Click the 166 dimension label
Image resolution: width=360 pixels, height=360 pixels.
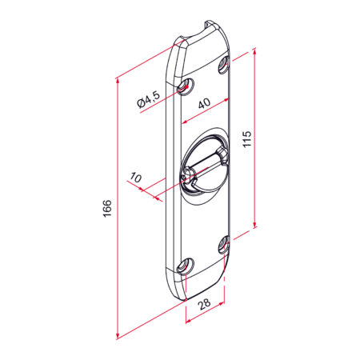pos(107,208)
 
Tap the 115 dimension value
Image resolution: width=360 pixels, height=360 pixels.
pos(247,138)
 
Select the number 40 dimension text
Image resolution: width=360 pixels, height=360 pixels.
pos(205,103)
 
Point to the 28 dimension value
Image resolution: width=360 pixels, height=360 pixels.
pos(205,304)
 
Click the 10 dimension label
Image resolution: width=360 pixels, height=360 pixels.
pos(136,178)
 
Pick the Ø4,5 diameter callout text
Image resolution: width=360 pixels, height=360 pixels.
pos(149,99)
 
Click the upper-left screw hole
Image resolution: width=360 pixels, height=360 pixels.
pos(186,86)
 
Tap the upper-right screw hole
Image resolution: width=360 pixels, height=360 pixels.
pos(223,64)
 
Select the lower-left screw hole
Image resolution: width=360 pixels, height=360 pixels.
pos(186,266)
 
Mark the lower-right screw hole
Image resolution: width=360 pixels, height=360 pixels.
pos(223,245)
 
